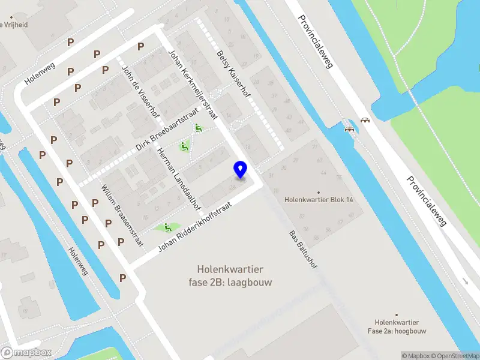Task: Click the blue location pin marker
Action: pyautogui.click(x=241, y=169)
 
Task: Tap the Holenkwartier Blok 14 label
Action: pyautogui.click(x=318, y=200)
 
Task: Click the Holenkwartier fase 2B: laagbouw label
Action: pyautogui.click(x=235, y=276)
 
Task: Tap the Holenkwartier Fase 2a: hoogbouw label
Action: pyautogui.click(x=397, y=326)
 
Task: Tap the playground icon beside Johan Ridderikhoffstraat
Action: pyautogui.click(x=166, y=227)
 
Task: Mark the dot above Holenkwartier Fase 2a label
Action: pyautogui.click(x=397, y=314)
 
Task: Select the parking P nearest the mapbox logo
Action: pyautogui.click(x=122, y=278)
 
